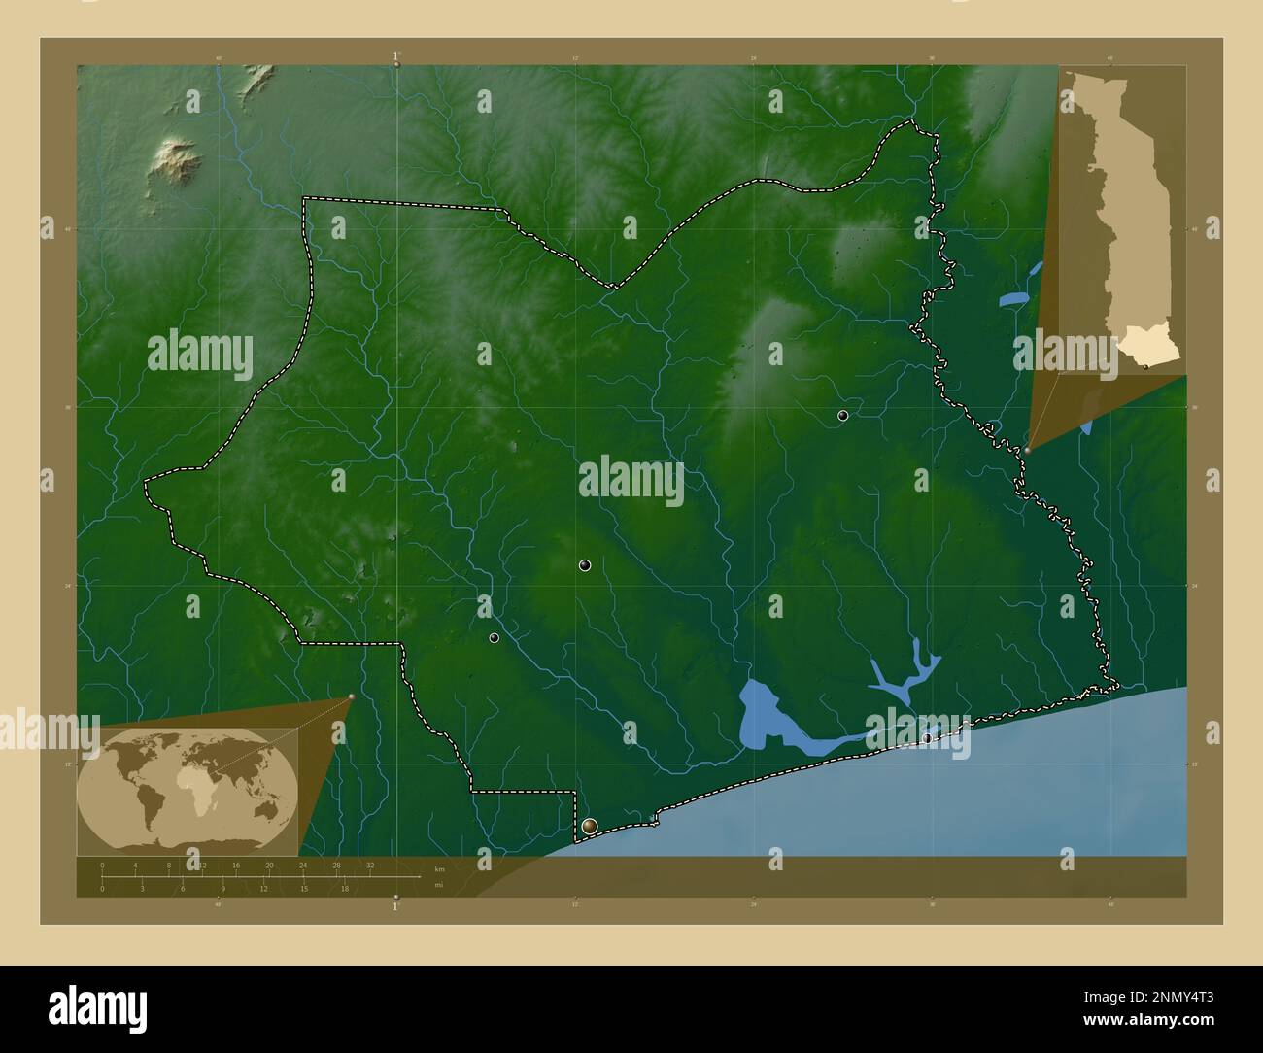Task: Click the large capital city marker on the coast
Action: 590,827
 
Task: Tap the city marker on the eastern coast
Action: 927,738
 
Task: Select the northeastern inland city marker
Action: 842,416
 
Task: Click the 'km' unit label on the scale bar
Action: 439,869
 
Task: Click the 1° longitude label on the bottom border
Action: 395,906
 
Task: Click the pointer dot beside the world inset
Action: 351,696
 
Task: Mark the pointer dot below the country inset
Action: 1027,451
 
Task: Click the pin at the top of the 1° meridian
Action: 396,63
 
